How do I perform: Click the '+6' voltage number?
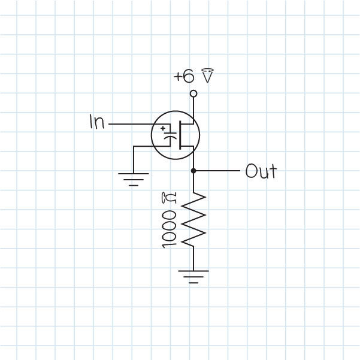183,77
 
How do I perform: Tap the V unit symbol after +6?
207,76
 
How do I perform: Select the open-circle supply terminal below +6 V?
193,93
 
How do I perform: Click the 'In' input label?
96,123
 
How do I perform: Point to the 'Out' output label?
261,172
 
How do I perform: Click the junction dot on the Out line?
193,171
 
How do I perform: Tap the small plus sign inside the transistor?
164,128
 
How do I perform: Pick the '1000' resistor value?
169,228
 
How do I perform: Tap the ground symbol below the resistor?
193,276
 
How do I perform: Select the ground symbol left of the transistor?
133,176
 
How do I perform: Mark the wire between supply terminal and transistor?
193,108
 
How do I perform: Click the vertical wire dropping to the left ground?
133,159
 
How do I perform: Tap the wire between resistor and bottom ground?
193,258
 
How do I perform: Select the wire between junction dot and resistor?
193,182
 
